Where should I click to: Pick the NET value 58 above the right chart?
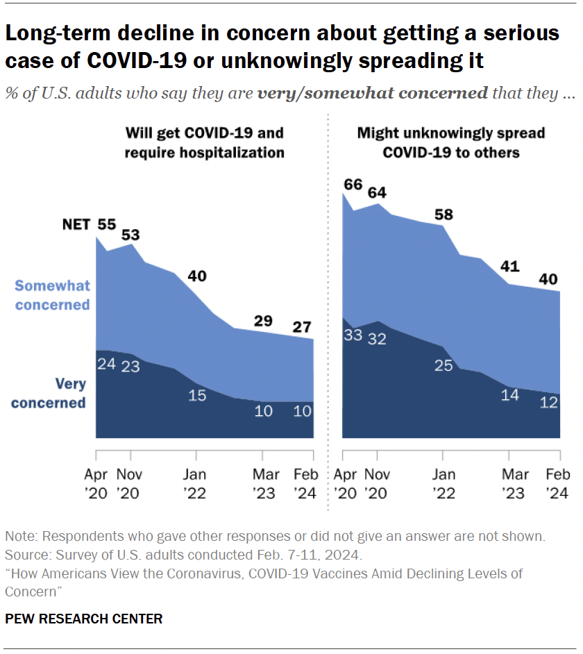coord(443,214)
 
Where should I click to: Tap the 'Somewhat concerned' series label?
coord(53,295)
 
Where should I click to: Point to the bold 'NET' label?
coord(76,225)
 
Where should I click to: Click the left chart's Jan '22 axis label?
coord(196,485)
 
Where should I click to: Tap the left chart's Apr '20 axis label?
coord(96,485)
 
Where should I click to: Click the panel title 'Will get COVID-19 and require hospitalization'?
coord(204,142)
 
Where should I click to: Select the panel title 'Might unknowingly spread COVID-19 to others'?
coord(450,142)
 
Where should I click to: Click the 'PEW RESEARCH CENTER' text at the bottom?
coord(84,619)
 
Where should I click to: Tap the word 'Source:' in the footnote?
coord(26,555)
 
